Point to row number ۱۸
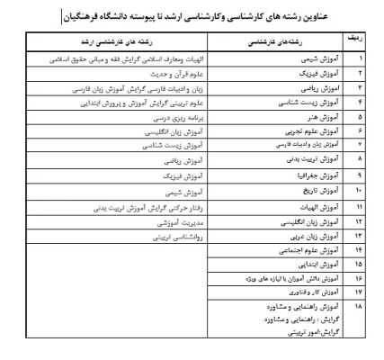pyautogui.click(x=359, y=306)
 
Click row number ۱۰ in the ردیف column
pyautogui.click(x=359, y=191)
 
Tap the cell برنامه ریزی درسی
pyautogui.click(x=165, y=116)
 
